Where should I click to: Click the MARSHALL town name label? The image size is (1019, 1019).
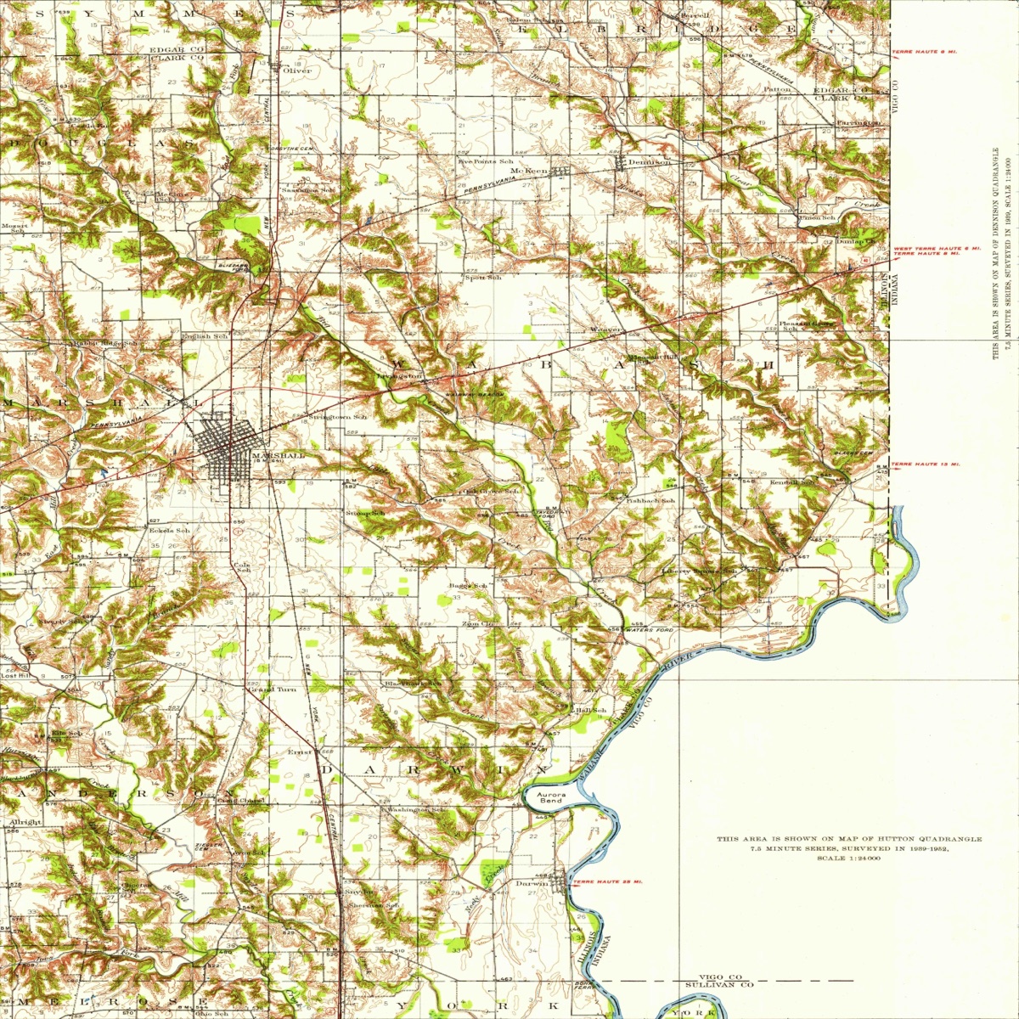click(x=278, y=455)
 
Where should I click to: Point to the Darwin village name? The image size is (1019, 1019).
click(x=532, y=883)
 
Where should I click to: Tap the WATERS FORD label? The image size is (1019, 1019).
click(x=649, y=629)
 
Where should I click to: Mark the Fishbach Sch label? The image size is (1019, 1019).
click(x=650, y=501)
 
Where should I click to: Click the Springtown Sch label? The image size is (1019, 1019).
click(x=337, y=417)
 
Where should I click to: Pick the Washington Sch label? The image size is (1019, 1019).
click(x=415, y=810)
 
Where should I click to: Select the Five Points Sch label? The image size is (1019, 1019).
click(x=486, y=160)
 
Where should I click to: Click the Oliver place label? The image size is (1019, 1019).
click(x=297, y=70)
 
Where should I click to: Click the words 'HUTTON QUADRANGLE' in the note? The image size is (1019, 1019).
click(x=918, y=839)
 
